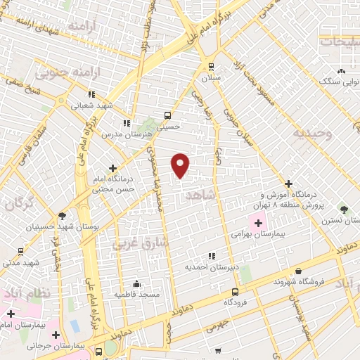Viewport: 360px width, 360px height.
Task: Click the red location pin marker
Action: [x=181, y=165]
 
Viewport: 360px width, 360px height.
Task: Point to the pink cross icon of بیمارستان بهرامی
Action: [x=258, y=223]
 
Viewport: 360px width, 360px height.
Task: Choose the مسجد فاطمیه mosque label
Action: [x=136, y=294]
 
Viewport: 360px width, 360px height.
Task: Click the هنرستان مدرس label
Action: [x=127, y=133]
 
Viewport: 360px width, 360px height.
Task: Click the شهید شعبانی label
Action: [x=90, y=106]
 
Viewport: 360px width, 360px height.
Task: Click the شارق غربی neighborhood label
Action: [x=140, y=243]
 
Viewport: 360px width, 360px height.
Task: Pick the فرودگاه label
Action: [x=238, y=302]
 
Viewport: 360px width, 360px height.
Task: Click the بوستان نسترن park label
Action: [x=342, y=221]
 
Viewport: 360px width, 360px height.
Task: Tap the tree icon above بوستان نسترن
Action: [x=344, y=210]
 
